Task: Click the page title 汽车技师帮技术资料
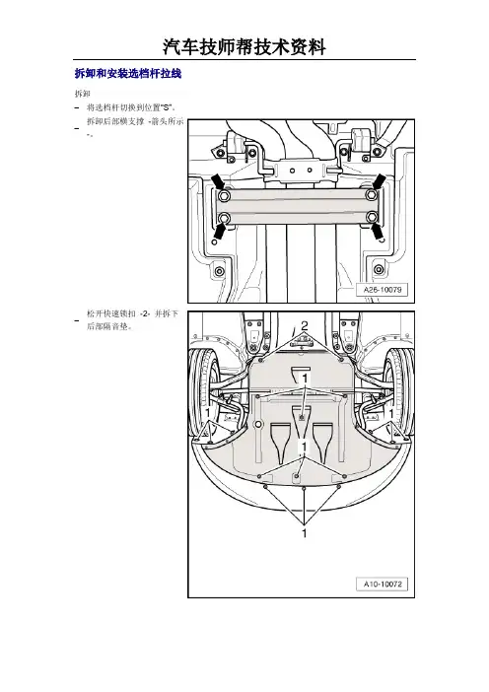pyautogui.click(x=244, y=46)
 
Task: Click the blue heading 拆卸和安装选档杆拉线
pyautogui.click(x=128, y=73)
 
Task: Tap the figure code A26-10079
pyautogui.click(x=383, y=290)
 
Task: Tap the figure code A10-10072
pyautogui.click(x=383, y=584)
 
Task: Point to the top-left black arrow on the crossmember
pyautogui.click(x=218, y=181)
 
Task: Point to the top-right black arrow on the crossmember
pyautogui.click(x=379, y=181)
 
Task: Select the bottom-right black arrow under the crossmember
pyautogui.click(x=377, y=232)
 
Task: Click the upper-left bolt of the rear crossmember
pyautogui.click(x=224, y=195)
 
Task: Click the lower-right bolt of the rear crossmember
pyautogui.click(x=372, y=217)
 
